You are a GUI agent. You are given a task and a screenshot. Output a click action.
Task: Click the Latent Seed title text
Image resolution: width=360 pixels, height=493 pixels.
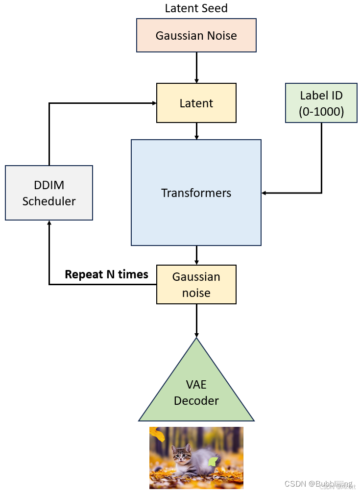[x=196, y=8]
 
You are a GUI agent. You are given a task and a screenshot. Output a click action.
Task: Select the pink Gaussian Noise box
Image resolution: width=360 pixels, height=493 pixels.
[x=196, y=35]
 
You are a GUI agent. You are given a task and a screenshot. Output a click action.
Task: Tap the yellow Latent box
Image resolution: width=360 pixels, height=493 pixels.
[x=196, y=103]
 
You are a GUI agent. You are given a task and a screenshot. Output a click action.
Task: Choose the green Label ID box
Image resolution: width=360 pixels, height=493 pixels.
[x=321, y=103]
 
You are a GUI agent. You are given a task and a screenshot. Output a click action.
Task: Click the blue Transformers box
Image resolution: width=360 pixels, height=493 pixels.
[x=196, y=193]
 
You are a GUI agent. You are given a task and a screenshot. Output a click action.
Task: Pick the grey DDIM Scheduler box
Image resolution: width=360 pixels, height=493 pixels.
[x=49, y=193]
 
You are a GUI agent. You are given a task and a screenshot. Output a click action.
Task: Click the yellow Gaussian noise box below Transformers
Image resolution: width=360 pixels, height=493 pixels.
[x=196, y=284]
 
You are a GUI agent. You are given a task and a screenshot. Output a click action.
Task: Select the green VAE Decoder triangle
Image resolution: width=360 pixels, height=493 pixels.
[x=196, y=392]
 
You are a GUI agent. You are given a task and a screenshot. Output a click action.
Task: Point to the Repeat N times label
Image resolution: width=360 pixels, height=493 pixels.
[x=106, y=274]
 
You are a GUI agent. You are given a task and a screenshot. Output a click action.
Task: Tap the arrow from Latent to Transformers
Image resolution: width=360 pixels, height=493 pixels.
[x=196, y=131]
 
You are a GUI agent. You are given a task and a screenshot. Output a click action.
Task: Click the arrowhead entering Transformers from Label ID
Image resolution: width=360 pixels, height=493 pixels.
[x=264, y=193]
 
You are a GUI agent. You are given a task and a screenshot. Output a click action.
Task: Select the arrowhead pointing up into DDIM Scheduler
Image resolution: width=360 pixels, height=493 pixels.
[x=49, y=223]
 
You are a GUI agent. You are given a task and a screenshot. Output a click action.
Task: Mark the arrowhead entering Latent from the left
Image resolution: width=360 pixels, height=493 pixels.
[x=153, y=103]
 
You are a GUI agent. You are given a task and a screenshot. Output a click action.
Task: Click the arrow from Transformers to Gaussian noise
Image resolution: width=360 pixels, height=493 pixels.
[x=196, y=255]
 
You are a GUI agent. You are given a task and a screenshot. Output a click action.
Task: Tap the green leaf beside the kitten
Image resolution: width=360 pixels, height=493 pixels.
[x=213, y=461]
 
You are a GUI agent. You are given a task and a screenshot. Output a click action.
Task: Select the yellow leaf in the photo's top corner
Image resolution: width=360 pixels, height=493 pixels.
[x=157, y=434]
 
